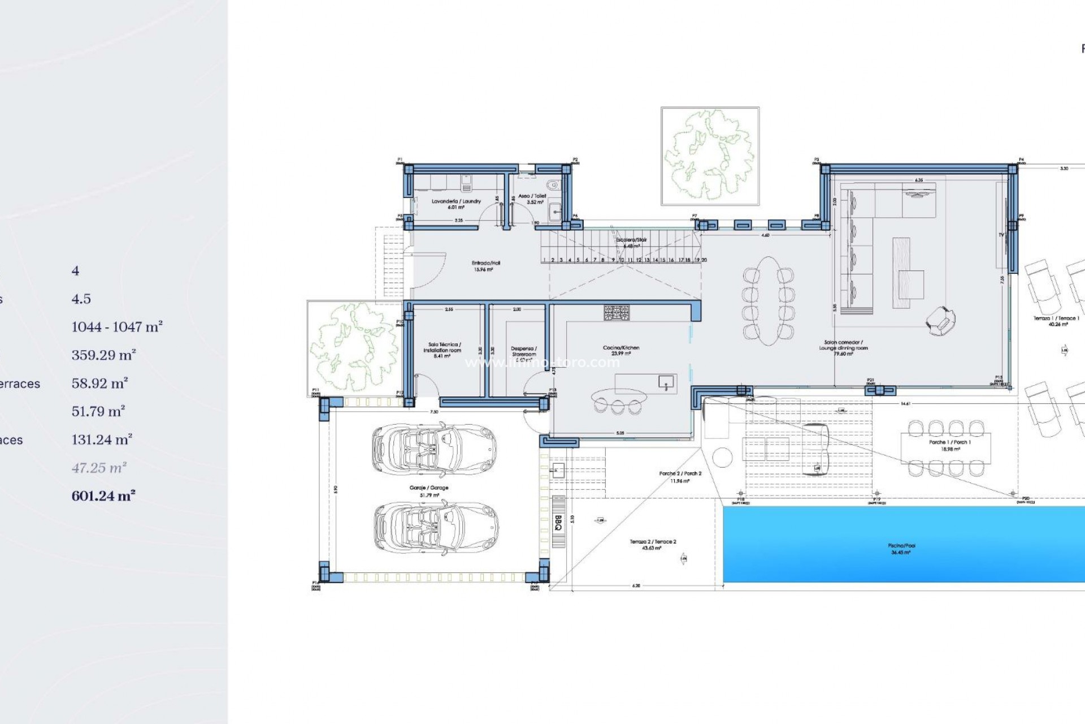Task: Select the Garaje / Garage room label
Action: [429, 488]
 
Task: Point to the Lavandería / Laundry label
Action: [456, 201]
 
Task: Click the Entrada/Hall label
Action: [485, 263]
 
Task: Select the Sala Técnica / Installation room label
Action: [444, 347]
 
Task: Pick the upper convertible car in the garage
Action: [434, 449]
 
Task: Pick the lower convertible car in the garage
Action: [435, 527]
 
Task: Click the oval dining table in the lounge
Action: [768, 300]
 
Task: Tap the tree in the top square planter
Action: [709, 155]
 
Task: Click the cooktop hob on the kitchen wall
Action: [616, 313]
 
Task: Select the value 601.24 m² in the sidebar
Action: [103, 496]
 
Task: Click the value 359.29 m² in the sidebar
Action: [103, 355]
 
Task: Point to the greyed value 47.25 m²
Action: [99, 468]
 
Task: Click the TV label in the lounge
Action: [1001, 235]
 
